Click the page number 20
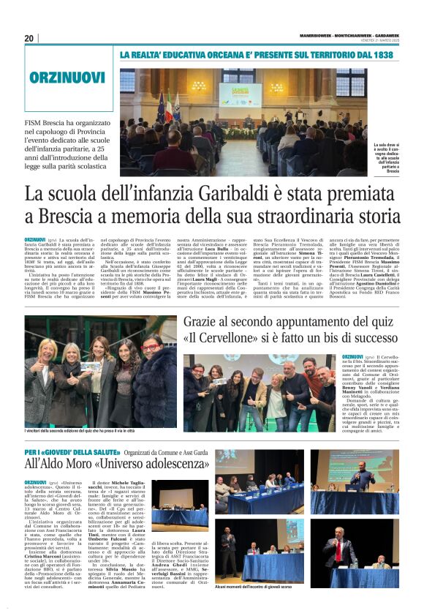29,38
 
